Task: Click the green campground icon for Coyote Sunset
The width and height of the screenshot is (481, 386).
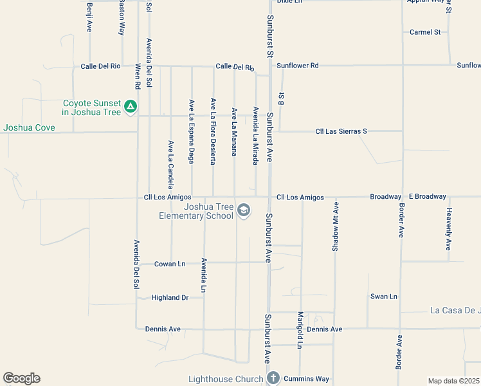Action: pos(131,106)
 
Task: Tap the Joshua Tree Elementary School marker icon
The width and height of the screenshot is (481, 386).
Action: pos(243,210)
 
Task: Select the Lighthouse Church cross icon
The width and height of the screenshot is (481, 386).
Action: pos(273,378)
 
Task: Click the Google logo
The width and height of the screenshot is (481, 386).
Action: pos(21,378)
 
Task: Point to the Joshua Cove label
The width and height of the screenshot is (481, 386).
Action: pos(29,127)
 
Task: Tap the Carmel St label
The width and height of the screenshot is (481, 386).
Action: pos(425,32)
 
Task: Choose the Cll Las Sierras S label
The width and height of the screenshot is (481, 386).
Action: pos(341,131)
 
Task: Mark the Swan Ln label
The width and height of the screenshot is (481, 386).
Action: pos(384,297)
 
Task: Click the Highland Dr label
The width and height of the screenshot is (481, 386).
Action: pos(170,297)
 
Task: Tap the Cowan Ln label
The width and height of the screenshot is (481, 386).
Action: pos(170,264)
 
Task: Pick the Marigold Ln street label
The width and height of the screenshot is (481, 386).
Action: pos(300,330)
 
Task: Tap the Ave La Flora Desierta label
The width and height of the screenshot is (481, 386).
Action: pos(213,131)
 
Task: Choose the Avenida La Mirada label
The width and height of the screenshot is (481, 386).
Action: pos(255,136)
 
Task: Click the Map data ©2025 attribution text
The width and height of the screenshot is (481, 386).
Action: pos(453,381)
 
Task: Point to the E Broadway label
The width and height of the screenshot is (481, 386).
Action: pos(427,196)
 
